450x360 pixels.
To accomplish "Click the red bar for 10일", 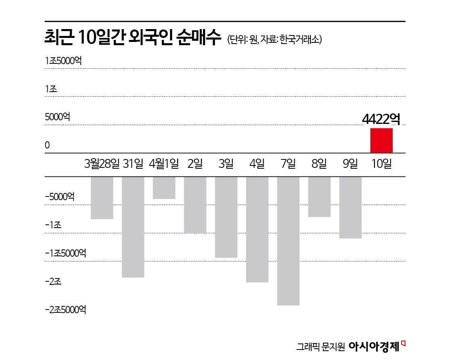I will point(381,140).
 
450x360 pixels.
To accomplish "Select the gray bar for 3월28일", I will point(102,198).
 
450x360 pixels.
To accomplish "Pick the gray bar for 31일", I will point(133,227).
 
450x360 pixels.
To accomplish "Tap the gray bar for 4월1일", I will point(164,188).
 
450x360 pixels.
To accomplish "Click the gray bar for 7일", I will point(289,241).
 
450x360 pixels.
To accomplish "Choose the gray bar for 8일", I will point(319,197).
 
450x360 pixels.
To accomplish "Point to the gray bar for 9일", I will point(350,207).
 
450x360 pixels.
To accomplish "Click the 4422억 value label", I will point(381,119).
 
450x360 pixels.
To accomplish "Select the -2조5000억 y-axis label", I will point(65,310).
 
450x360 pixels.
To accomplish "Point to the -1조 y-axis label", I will point(53,225).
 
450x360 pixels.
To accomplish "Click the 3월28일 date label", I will point(102,164).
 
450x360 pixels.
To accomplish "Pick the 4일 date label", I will point(257,164).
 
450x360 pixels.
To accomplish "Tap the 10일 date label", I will point(381,164).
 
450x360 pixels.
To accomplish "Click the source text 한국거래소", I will point(300,40).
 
